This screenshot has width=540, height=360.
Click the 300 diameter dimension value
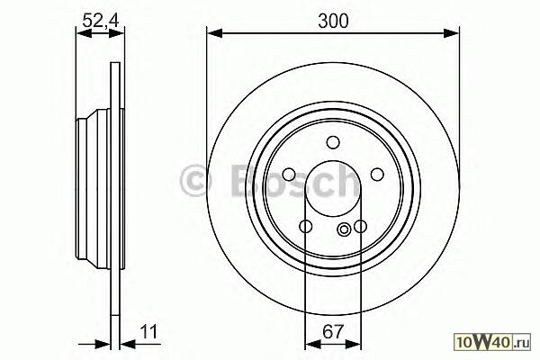(333, 21)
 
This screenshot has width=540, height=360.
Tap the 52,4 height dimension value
(101, 21)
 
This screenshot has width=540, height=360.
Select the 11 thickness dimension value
(148, 331)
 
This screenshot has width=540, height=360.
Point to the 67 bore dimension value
(333, 331)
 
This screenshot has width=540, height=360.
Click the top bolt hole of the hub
(333, 142)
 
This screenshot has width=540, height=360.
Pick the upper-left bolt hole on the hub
(289, 175)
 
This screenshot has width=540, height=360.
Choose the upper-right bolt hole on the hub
(377, 175)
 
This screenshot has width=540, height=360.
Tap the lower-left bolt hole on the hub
(306, 226)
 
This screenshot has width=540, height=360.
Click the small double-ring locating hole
(344, 229)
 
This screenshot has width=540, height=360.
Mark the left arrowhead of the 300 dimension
(215, 33)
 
